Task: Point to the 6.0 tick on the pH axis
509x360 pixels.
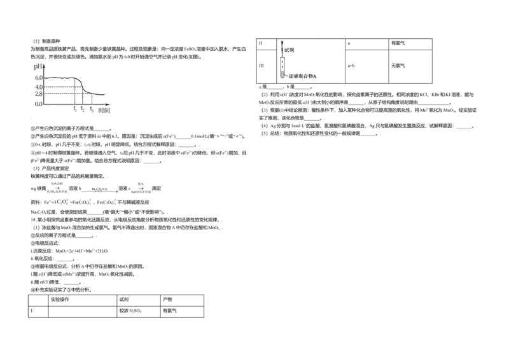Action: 38,78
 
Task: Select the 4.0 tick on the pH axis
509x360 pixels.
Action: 38,87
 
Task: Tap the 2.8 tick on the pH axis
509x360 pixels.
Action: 38,94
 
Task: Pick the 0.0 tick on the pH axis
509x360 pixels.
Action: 38,104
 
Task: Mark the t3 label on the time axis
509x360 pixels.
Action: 92,110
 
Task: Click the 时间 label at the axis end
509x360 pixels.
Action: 104,110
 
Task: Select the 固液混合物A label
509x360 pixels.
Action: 303,76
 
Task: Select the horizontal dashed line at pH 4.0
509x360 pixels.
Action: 62,87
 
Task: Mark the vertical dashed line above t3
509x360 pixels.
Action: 92,99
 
